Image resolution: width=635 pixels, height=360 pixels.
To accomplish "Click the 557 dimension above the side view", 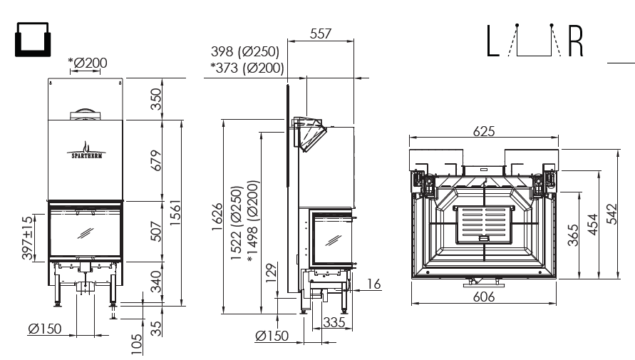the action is [x=320, y=34].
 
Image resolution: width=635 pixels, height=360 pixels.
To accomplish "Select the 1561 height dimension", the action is [x=175, y=213].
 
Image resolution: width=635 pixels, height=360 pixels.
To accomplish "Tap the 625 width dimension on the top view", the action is [x=484, y=131].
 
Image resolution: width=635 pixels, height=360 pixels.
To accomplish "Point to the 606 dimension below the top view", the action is [x=484, y=297].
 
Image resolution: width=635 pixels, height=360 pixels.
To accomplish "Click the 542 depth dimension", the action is [x=612, y=214].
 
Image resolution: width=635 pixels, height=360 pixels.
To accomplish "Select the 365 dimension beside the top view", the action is [x=573, y=235].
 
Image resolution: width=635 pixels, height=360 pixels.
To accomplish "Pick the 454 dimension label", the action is [x=592, y=225].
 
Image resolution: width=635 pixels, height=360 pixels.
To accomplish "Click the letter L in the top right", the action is [x=492, y=41].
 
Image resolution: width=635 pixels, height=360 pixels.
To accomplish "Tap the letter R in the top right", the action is [x=575, y=41].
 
